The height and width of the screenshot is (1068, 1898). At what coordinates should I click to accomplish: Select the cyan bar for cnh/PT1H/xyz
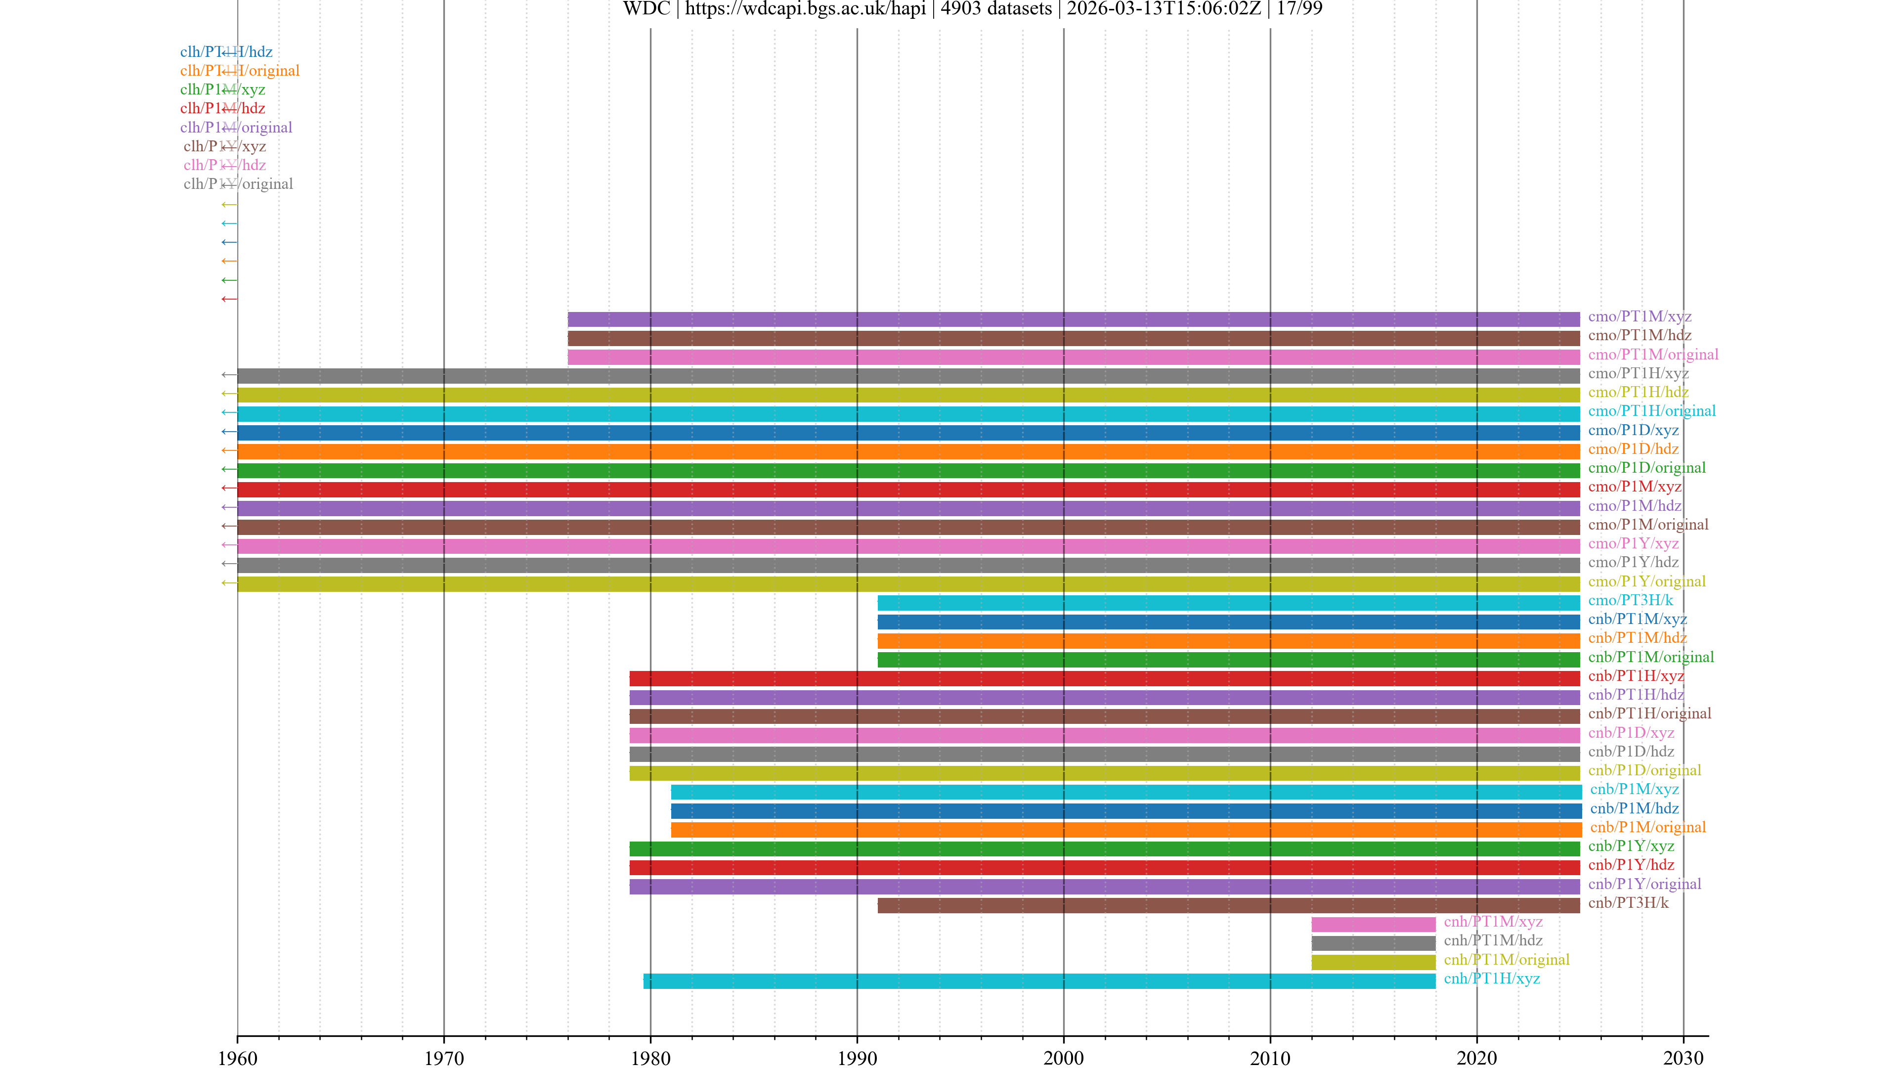tap(1039, 981)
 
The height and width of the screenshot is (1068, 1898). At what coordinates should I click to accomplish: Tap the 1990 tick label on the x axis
tap(857, 1059)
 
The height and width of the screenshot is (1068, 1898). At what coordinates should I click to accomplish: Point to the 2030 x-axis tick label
tap(1683, 1059)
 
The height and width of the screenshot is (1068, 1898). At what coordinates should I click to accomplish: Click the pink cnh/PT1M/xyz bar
tap(1373, 924)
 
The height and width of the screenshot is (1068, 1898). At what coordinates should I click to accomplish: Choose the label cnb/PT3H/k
tap(1628, 903)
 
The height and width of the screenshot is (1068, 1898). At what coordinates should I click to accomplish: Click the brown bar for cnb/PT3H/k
tap(1228, 906)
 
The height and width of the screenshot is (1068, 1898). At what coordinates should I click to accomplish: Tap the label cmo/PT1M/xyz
tap(1639, 316)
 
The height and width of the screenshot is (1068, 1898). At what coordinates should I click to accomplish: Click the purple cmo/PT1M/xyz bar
tap(1073, 319)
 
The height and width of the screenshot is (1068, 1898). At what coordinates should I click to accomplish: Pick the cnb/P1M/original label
tap(1647, 827)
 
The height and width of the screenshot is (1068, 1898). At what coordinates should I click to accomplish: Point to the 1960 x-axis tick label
tap(237, 1059)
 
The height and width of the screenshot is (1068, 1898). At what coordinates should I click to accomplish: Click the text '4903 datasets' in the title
tap(995, 9)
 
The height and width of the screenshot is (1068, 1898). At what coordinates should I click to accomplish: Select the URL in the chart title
tap(805, 9)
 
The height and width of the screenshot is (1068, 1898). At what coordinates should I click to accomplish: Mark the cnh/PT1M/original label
tap(1506, 960)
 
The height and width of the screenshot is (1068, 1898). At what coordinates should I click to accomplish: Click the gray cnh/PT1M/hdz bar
tap(1373, 943)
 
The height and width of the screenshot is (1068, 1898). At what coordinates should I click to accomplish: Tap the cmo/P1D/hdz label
tap(1633, 449)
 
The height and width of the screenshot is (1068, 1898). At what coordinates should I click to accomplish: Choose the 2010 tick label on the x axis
tap(1269, 1059)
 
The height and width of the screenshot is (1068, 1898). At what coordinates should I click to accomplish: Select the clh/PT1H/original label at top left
tap(239, 71)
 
